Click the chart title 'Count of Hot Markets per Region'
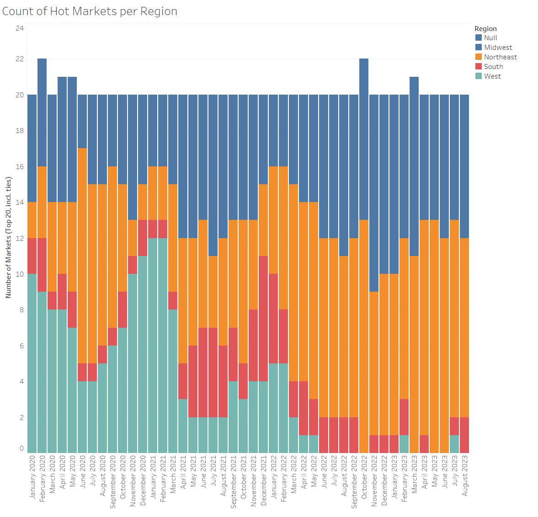[90, 11]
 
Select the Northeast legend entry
[500, 57]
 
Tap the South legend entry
[493, 67]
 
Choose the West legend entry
[492, 76]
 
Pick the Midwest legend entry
[498, 48]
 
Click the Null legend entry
[490, 38]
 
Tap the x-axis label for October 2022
[364, 480]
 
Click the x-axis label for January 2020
[32, 480]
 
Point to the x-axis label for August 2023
[464, 480]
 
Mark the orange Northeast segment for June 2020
[82, 256]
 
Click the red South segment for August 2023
[464, 435]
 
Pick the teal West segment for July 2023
[454, 444]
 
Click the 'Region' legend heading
[485, 29]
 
